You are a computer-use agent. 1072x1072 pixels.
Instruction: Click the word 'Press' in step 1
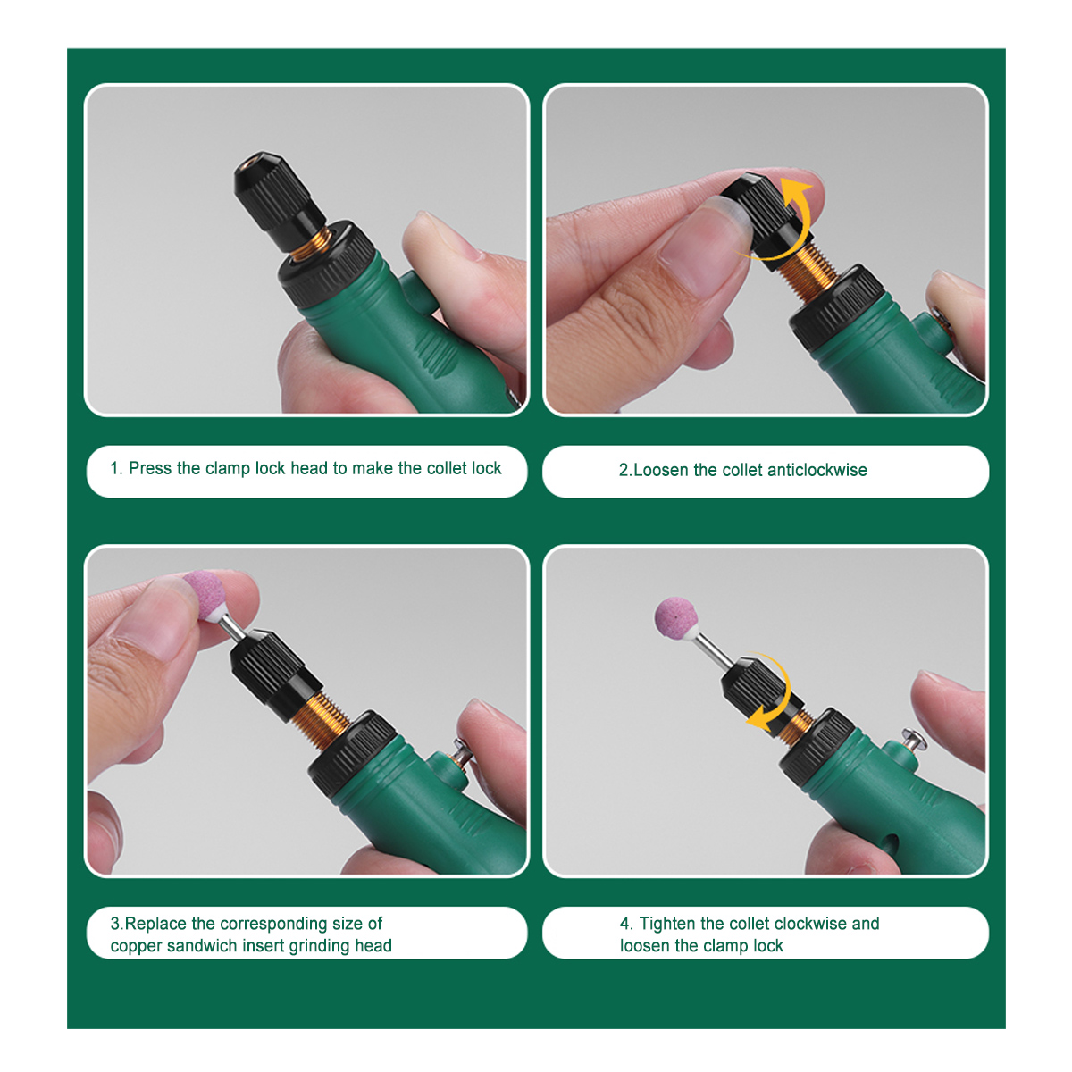(150, 468)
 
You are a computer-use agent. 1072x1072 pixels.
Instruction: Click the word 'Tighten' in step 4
(667, 924)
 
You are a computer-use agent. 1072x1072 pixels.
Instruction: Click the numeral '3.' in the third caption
(117, 924)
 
